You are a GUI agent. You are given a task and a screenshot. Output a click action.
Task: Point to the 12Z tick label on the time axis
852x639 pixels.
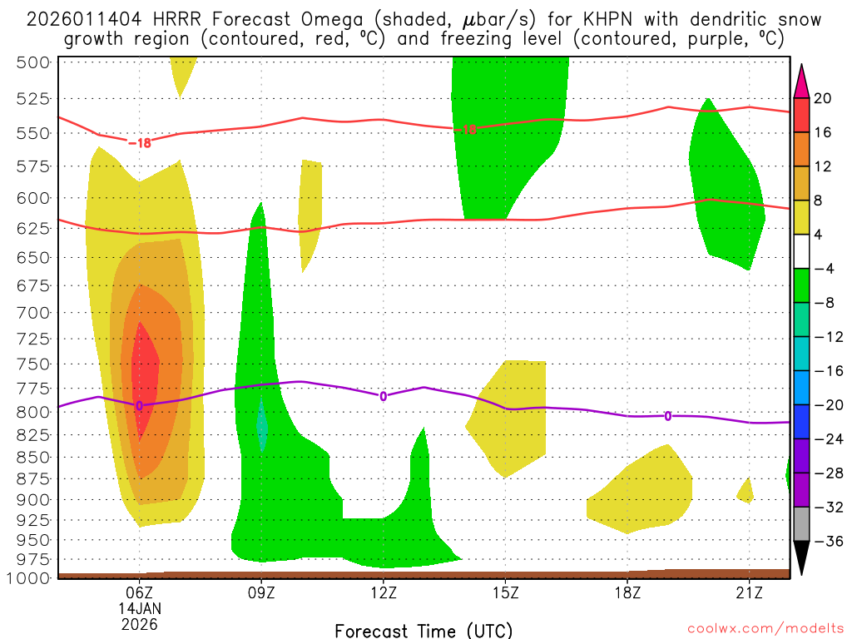384,592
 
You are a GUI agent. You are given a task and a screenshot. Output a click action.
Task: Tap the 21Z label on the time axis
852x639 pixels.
750,592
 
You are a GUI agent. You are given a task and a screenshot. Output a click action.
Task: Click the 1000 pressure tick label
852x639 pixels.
31,577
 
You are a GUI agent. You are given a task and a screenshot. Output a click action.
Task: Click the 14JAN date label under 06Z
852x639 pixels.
139,608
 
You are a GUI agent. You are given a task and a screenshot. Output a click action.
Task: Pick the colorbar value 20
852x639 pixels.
823,98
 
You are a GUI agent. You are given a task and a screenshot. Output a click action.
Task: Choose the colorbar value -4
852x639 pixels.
823,269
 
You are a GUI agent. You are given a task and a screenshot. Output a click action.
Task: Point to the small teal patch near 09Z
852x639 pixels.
263,425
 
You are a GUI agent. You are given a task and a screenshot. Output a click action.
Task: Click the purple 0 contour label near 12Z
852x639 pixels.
384,396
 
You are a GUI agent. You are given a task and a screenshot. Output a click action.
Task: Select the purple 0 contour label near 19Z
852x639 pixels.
668,416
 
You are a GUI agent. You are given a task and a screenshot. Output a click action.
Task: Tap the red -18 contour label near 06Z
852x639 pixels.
139,142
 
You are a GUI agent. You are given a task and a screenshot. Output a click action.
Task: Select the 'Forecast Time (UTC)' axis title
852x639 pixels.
424,630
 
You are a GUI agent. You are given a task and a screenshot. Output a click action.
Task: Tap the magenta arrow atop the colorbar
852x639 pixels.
801,80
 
